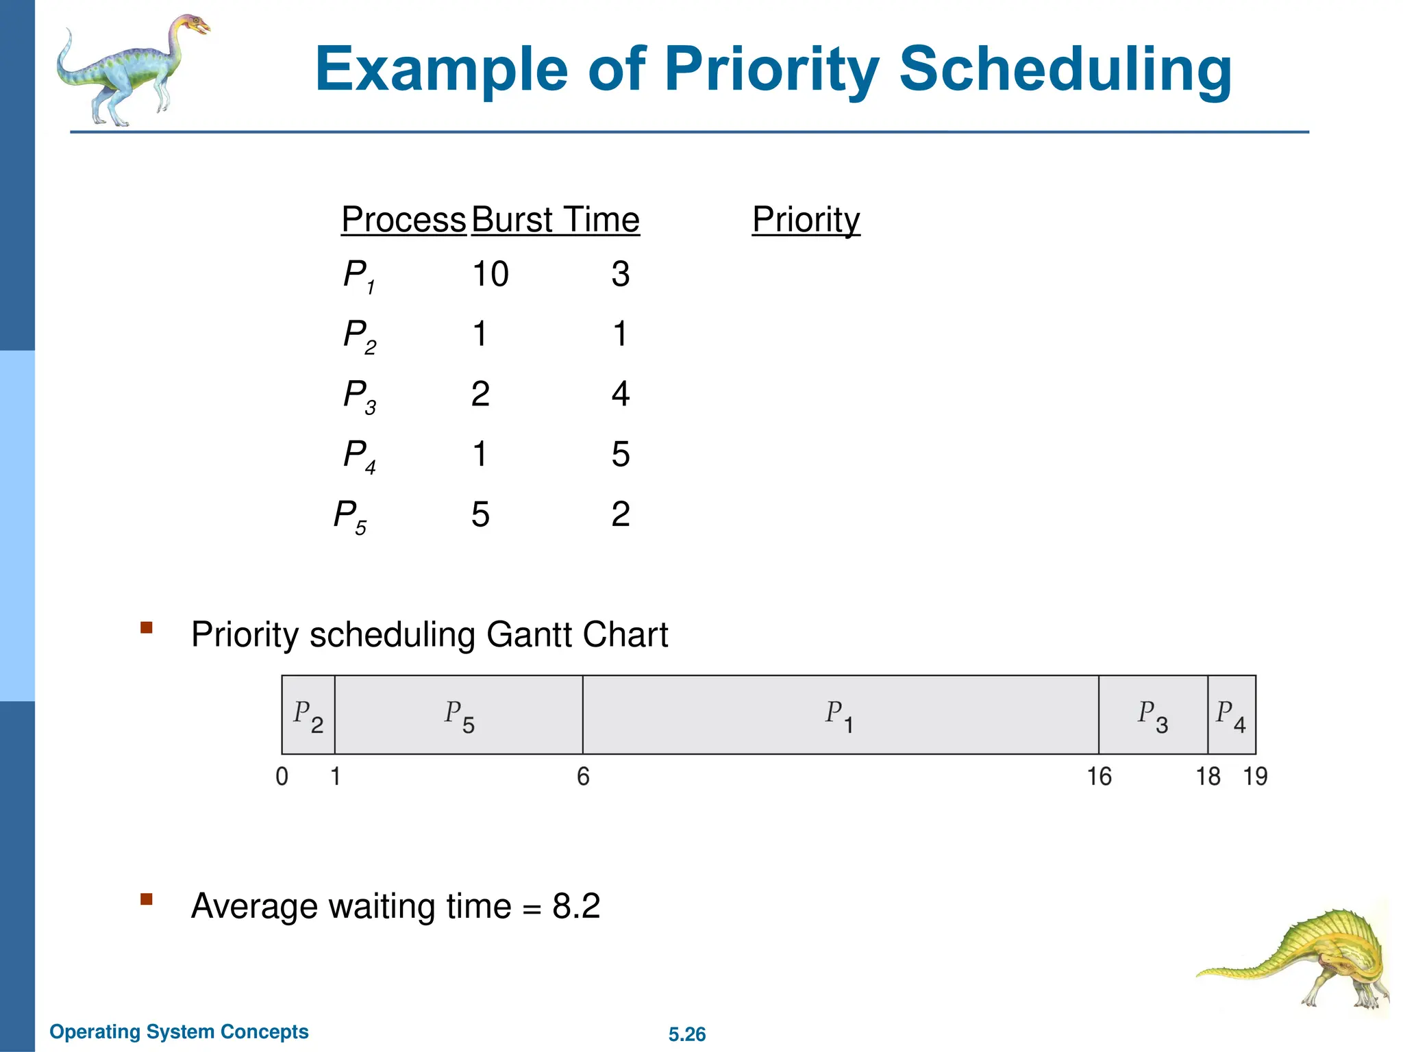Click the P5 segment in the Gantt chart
click(x=458, y=715)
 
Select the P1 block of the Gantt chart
click(x=840, y=715)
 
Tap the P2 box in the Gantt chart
click(x=308, y=715)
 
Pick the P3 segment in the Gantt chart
click(x=1153, y=715)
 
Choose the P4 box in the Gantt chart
click(x=1231, y=715)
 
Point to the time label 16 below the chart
click(x=1099, y=777)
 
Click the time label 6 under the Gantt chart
click(x=583, y=777)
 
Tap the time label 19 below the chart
click(x=1255, y=777)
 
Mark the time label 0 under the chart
click(x=282, y=777)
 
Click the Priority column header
click(x=806, y=220)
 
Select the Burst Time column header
click(x=555, y=220)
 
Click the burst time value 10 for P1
click(x=491, y=274)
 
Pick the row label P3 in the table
click(x=359, y=396)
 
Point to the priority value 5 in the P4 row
click(x=620, y=454)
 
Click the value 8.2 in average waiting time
click(x=576, y=906)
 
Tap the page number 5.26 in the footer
click(x=687, y=1034)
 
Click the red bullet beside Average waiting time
click(x=146, y=899)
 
